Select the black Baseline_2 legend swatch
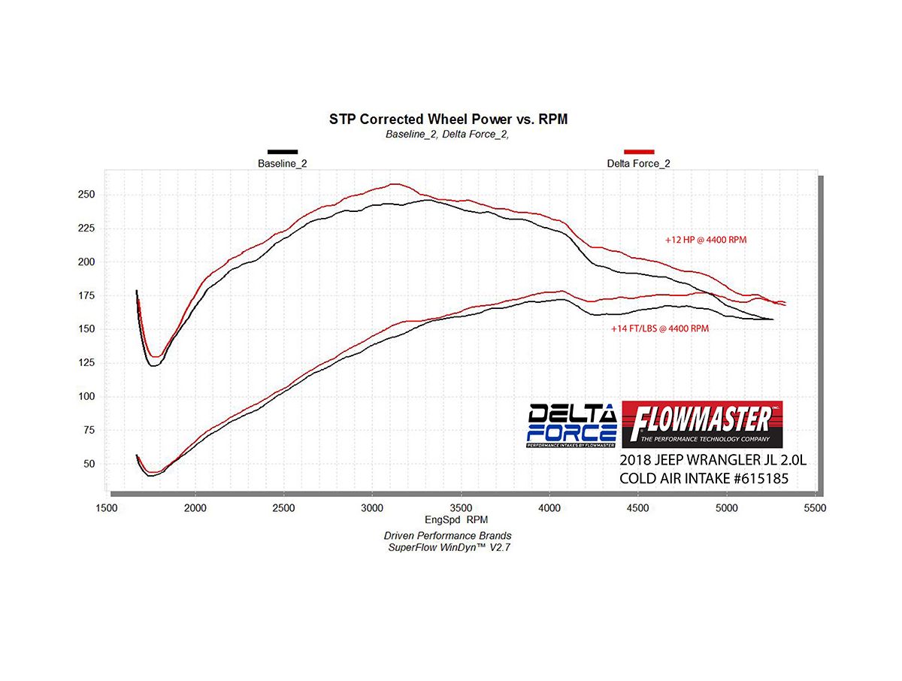point(283,152)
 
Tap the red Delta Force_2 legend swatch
point(639,152)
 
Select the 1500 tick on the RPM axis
point(107,508)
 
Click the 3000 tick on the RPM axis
point(372,508)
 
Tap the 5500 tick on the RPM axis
point(815,508)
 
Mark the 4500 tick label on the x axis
point(638,508)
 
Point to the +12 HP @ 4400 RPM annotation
point(706,240)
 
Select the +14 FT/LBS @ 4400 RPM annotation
point(660,328)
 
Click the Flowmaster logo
point(702,423)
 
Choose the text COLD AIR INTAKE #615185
point(704,478)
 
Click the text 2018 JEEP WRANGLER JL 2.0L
point(704,460)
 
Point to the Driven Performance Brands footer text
point(448,536)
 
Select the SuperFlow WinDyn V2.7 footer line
point(448,547)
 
